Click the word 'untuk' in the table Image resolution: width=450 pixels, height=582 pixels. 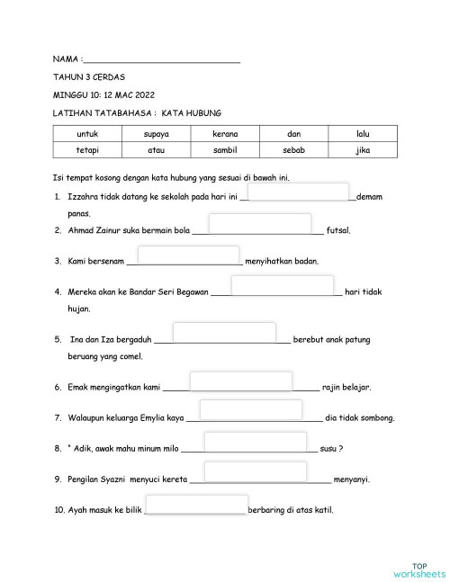(87, 133)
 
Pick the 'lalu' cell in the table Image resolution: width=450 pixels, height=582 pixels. (363, 133)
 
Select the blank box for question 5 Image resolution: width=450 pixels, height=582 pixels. (224, 332)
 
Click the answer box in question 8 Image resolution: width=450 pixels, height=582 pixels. (256, 442)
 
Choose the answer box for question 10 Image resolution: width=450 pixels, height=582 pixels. (196, 504)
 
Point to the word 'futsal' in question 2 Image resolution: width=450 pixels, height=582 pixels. (338, 230)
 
